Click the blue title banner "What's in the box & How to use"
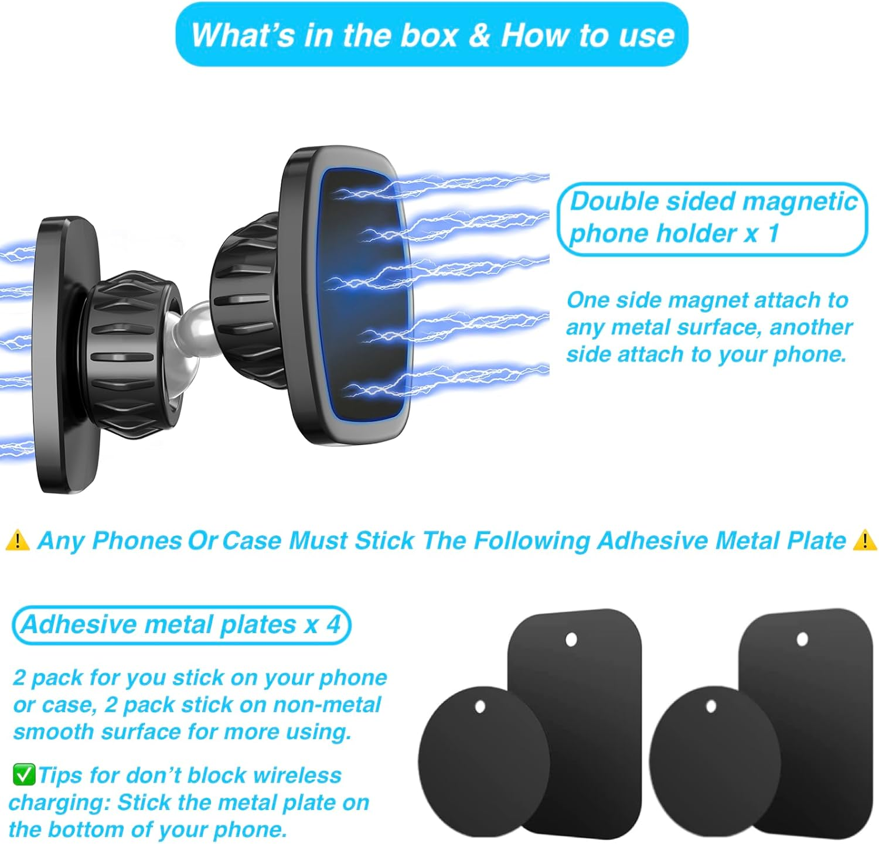pos(432,35)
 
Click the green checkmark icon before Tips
pos(24,774)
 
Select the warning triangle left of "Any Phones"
pos(18,540)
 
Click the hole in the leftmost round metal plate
pos(480,707)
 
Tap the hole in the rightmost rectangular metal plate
pos(802,639)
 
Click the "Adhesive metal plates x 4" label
pos(181,625)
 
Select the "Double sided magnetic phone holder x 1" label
pos(712,218)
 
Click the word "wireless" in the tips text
pos(298,775)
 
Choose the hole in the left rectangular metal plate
pos(571,640)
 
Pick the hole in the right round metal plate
pos(711,707)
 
